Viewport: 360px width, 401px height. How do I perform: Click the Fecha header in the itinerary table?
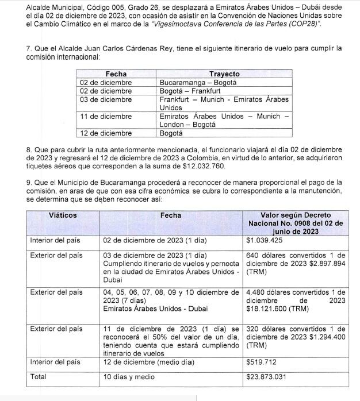(x=116, y=74)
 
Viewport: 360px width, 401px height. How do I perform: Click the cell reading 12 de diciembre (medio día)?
(x=147, y=362)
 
